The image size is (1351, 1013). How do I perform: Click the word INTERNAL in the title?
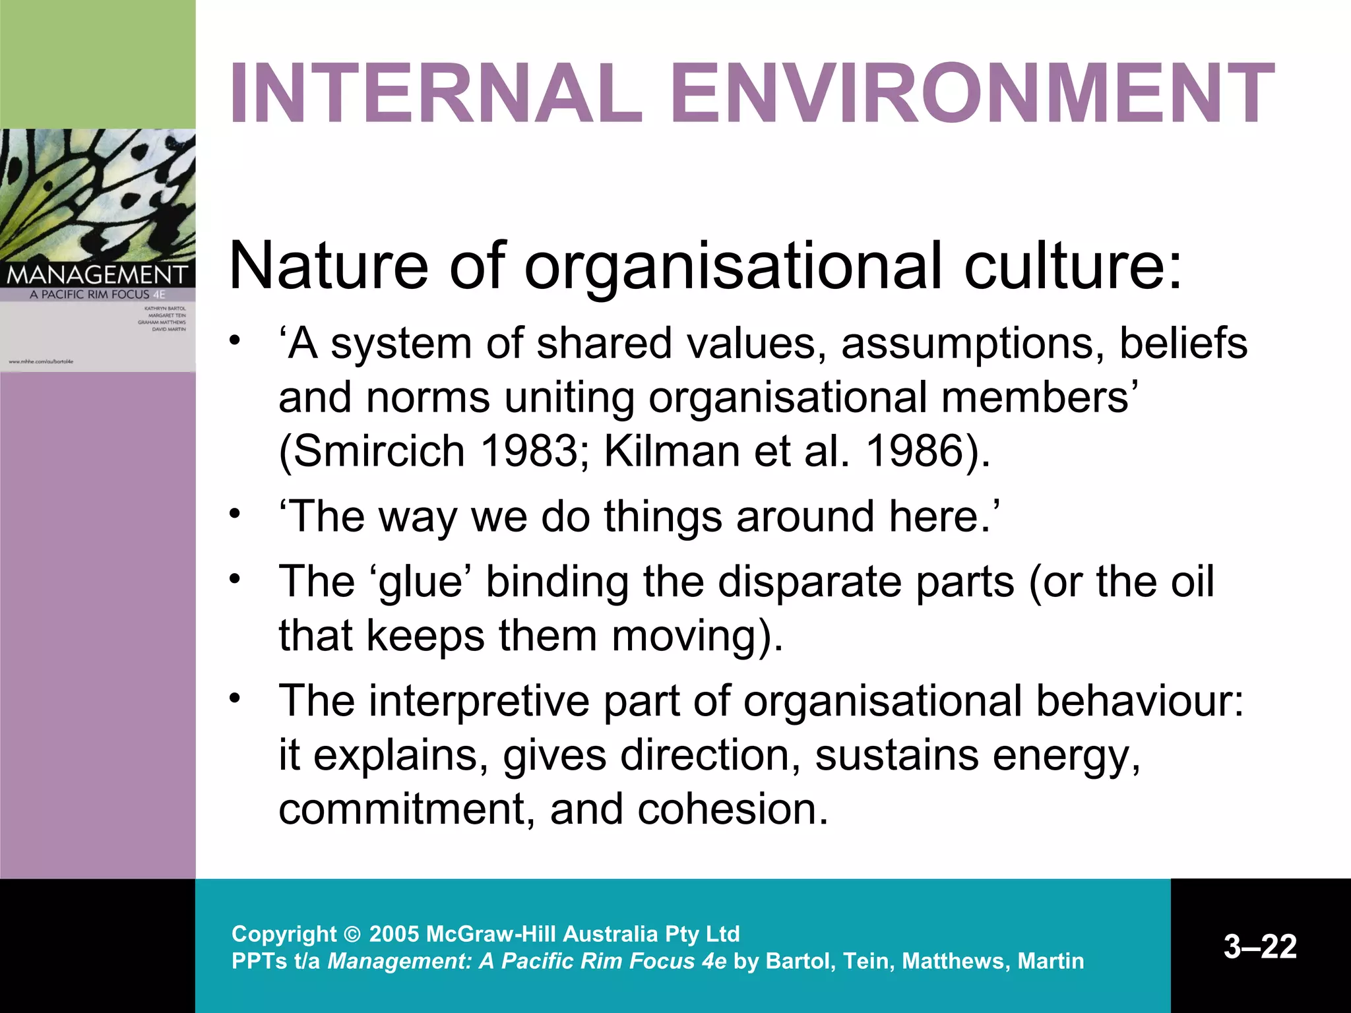(436, 93)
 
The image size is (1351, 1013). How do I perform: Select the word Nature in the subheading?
(329, 265)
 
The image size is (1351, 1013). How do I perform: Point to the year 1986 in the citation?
(914, 451)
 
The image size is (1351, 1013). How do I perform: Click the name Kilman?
(672, 451)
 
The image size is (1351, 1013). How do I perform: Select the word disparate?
(866, 582)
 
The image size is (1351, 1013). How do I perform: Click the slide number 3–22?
(1260, 946)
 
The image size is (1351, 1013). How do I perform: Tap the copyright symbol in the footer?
(353, 935)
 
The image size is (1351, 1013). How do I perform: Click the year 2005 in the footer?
(394, 934)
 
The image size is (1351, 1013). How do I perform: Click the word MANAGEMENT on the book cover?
(97, 274)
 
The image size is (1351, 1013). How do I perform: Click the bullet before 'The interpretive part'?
(234, 698)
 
